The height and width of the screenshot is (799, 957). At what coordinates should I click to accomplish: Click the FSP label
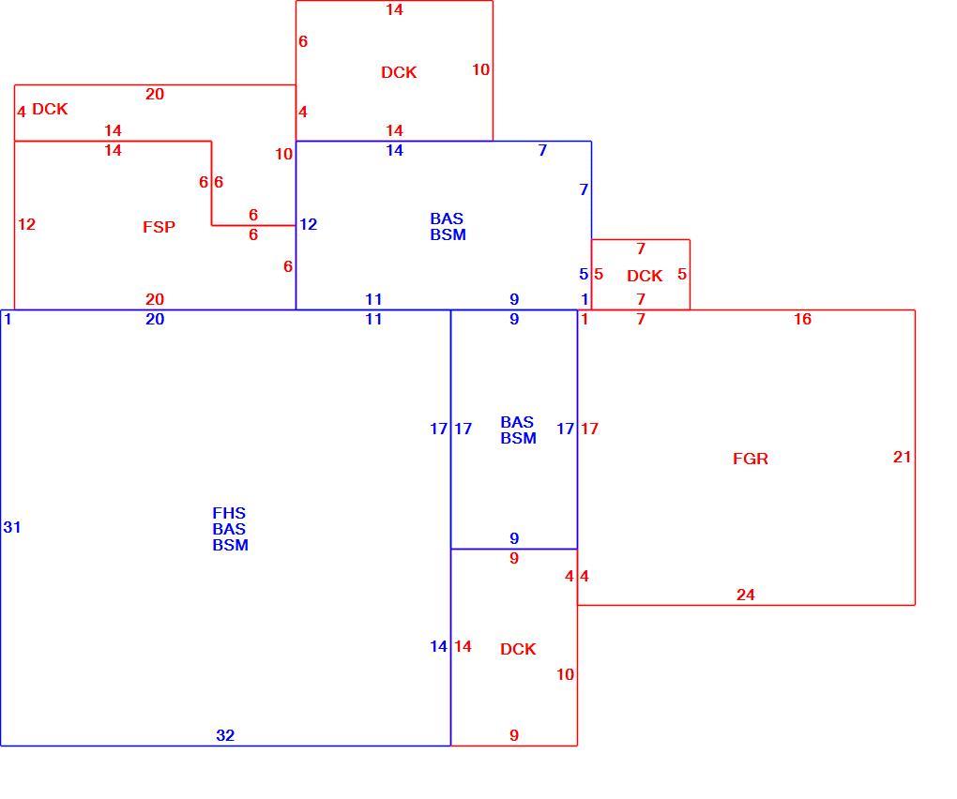[x=159, y=227]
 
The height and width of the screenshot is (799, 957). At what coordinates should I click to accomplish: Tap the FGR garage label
[x=750, y=459]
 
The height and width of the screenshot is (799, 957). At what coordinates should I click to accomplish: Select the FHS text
[x=229, y=513]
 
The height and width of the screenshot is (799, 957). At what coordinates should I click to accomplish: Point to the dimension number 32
[x=225, y=735]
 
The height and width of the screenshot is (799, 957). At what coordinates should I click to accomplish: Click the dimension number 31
[x=12, y=527]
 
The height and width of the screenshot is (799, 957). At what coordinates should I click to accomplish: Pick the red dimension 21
[x=902, y=457]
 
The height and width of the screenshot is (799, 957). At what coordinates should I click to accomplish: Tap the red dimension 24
[x=745, y=595]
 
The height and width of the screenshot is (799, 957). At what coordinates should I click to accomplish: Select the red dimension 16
[x=802, y=319]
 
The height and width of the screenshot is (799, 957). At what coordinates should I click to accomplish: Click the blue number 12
[x=309, y=224]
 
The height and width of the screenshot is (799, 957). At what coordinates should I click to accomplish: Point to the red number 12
[x=26, y=224]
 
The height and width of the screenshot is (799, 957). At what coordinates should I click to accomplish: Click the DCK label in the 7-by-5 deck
[x=645, y=276]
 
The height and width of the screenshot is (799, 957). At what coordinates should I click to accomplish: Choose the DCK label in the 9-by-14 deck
[x=518, y=649]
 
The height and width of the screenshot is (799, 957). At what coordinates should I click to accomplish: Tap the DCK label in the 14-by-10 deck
[x=399, y=72]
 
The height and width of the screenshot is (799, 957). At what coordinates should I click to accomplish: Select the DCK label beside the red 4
[x=50, y=109]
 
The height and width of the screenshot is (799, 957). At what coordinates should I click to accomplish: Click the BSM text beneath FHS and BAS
[x=230, y=545]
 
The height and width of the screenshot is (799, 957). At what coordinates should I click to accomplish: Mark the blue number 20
[x=155, y=319]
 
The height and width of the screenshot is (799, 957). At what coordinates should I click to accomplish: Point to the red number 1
[x=585, y=319]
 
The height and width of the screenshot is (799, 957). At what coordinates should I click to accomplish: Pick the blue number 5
[x=584, y=275]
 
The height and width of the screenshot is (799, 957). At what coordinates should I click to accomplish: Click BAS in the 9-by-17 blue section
[x=517, y=422]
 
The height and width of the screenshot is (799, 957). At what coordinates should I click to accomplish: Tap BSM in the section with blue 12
[x=448, y=234]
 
